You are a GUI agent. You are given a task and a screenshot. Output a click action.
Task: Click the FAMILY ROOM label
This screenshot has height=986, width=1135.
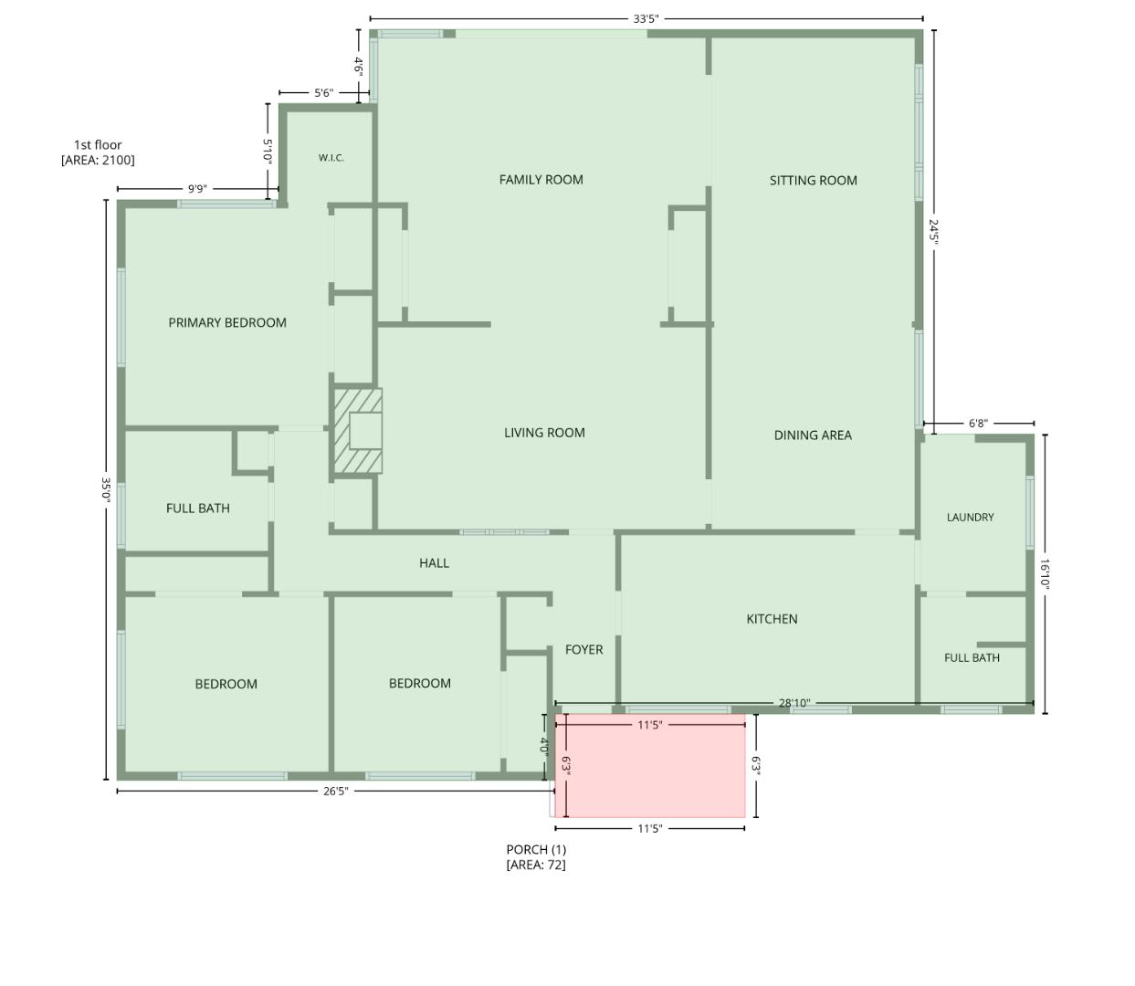[541, 180]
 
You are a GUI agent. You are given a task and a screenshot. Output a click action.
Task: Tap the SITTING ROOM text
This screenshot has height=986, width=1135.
[814, 180]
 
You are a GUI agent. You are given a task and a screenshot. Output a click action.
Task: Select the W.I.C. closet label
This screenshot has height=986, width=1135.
[331, 158]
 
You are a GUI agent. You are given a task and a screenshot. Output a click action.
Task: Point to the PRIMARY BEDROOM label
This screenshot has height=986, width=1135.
[227, 323]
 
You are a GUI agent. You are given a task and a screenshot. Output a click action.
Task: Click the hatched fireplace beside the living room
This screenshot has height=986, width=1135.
[357, 430]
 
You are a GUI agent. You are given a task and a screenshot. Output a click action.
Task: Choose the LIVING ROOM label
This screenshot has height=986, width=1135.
[544, 433]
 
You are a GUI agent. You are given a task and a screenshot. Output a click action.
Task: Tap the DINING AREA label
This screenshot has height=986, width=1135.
[813, 435]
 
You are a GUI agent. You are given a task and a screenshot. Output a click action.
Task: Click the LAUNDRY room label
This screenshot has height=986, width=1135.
[971, 518]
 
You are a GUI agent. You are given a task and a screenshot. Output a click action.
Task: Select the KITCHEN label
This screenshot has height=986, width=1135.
[772, 619]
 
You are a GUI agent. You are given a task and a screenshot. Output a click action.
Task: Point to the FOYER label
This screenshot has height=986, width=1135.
[583, 649]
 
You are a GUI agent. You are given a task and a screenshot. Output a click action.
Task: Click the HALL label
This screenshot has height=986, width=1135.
[435, 563]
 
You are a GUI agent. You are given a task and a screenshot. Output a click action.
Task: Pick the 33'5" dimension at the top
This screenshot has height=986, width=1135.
[646, 19]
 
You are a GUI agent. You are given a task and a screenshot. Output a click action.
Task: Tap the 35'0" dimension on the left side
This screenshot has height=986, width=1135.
[106, 489]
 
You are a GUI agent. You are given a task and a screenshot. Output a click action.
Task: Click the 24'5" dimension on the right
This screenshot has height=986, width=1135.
[933, 233]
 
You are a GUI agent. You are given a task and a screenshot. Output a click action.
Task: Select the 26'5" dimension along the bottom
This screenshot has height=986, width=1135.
[336, 791]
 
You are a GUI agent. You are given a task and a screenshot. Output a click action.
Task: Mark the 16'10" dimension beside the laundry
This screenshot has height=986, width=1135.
[1045, 573]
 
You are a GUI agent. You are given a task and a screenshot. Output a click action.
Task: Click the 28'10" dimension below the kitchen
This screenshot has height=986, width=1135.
[794, 703]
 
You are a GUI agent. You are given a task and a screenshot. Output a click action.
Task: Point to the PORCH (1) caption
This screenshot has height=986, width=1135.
[536, 849]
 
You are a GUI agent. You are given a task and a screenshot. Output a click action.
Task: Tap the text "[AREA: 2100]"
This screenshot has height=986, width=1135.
[98, 161]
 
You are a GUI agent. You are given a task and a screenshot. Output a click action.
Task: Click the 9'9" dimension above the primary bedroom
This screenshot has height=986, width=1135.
[197, 189]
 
